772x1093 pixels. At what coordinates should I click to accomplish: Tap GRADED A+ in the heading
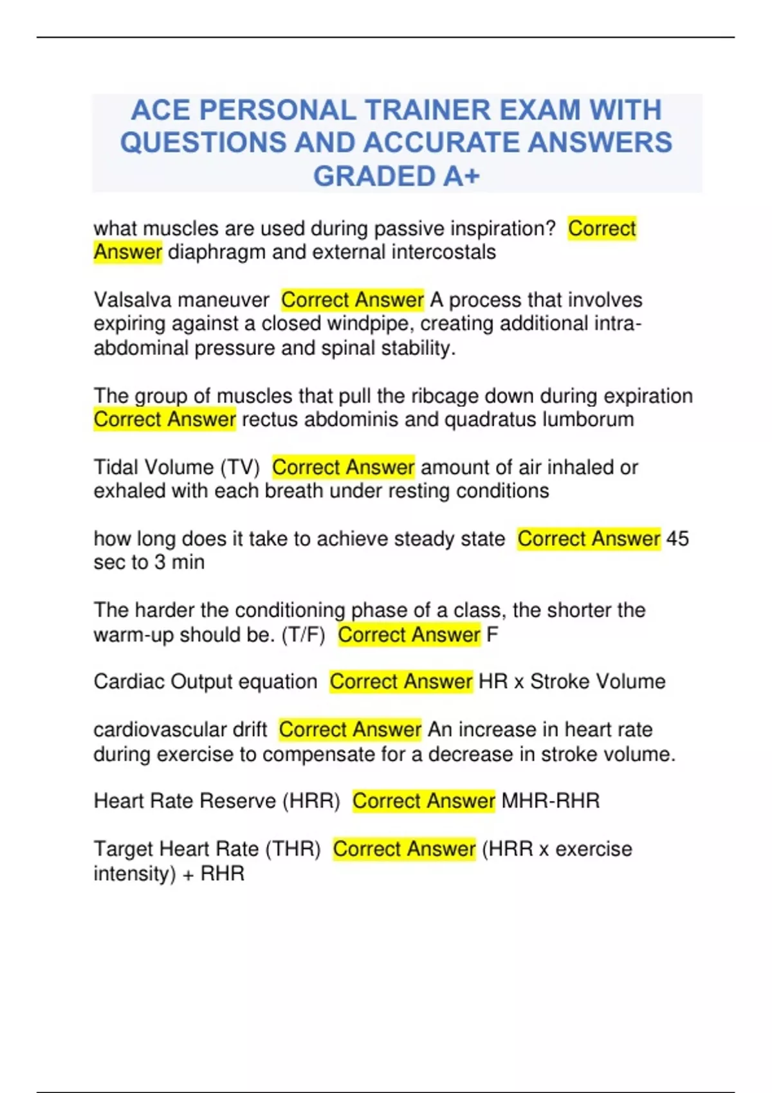coord(396,176)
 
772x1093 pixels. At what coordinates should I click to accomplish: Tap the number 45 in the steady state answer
coord(677,538)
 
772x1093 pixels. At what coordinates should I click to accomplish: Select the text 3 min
coord(179,563)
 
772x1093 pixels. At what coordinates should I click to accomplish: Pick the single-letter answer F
coord(492,635)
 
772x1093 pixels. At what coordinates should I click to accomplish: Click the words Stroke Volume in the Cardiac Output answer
coord(598,682)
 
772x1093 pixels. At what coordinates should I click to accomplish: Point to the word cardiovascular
coord(180,730)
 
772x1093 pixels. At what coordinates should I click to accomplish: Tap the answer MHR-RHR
coord(550,801)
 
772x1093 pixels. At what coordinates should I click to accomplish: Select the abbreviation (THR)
coord(293,849)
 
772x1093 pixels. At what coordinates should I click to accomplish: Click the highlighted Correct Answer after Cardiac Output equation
coord(401,682)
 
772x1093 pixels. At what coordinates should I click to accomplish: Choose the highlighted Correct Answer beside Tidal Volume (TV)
coord(343,467)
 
